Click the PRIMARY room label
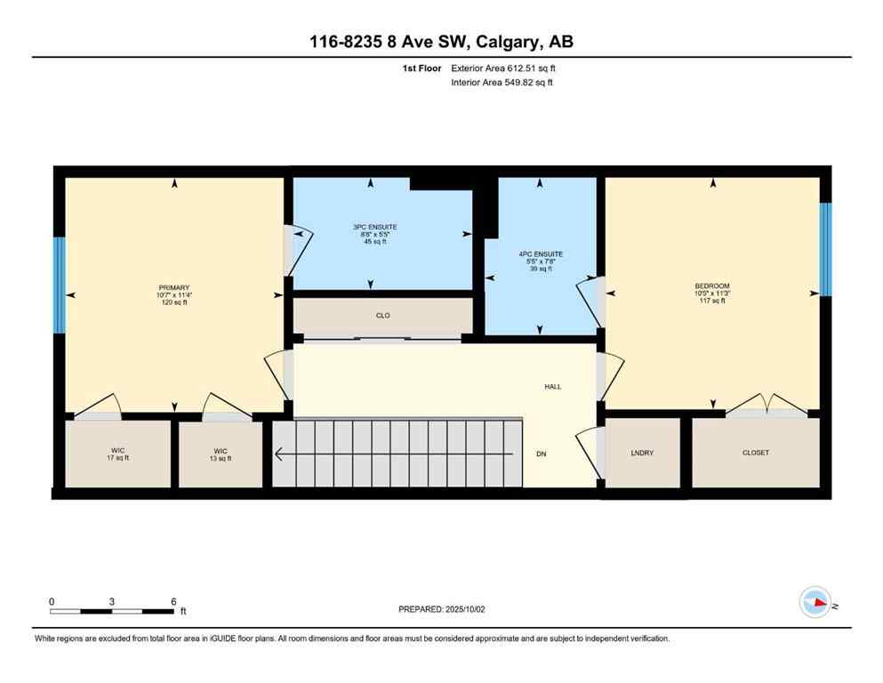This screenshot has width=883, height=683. pyautogui.click(x=174, y=287)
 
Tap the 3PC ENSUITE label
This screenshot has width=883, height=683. pyautogui.click(x=374, y=228)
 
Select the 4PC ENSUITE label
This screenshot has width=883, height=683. pyautogui.click(x=541, y=254)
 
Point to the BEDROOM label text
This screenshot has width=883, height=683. pyautogui.click(x=712, y=286)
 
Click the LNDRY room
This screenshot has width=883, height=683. pyautogui.click(x=642, y=453)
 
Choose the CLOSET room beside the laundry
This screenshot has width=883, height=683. pyautogui.click(x=756, y=453)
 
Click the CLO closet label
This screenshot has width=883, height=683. pyautogui.click(x=382, y=316)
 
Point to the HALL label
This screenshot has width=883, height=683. pyautogui.click(x=553, y=387)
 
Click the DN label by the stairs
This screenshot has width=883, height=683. pyautogui.click(x=541, y=454)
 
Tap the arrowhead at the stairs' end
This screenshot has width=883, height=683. pyautogui.click(x=281, y=454)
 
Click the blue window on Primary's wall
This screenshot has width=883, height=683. pyautogui.click(x=59, y=285)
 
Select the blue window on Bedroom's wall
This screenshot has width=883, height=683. pyautogui.click(x=825, y=249)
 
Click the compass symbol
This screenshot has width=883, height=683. pyautogui.click(x=815, y=602)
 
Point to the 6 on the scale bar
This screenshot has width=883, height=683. pyautogui.click(x=173, y=600)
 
